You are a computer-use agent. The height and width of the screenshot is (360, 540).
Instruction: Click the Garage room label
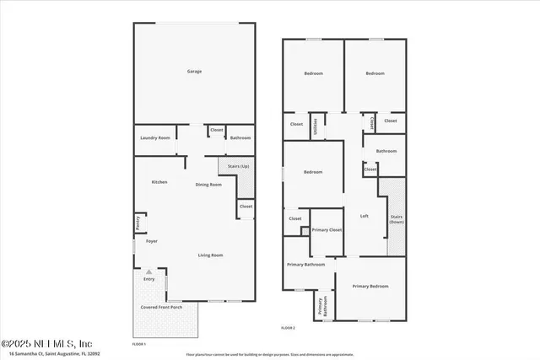click(194, 72)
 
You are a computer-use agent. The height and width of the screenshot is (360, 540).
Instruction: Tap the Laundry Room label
click(155, 137)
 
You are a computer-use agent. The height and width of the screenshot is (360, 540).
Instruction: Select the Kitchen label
click(159, 182)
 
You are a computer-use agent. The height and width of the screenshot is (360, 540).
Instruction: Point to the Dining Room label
click(208, 185)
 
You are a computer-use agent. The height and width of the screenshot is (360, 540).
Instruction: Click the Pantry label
click(138, 223)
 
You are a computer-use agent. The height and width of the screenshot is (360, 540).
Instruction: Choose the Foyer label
click(152, 242)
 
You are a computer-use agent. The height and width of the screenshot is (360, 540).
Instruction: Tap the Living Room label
click(210, 255)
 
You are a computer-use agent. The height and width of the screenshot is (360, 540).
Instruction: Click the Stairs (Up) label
click(238, 166)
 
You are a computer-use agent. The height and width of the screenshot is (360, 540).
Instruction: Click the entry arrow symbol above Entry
click(149, 271)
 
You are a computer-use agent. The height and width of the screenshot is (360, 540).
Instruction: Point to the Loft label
click(364, 217)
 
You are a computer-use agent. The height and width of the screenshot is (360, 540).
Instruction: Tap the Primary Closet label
click(327, 230)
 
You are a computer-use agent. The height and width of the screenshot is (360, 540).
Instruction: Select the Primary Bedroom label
click(370, 287)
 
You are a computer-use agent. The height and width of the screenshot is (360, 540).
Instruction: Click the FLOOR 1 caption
click(140, 344)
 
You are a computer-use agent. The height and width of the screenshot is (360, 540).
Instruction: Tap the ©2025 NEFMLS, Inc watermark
click(46, 343)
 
